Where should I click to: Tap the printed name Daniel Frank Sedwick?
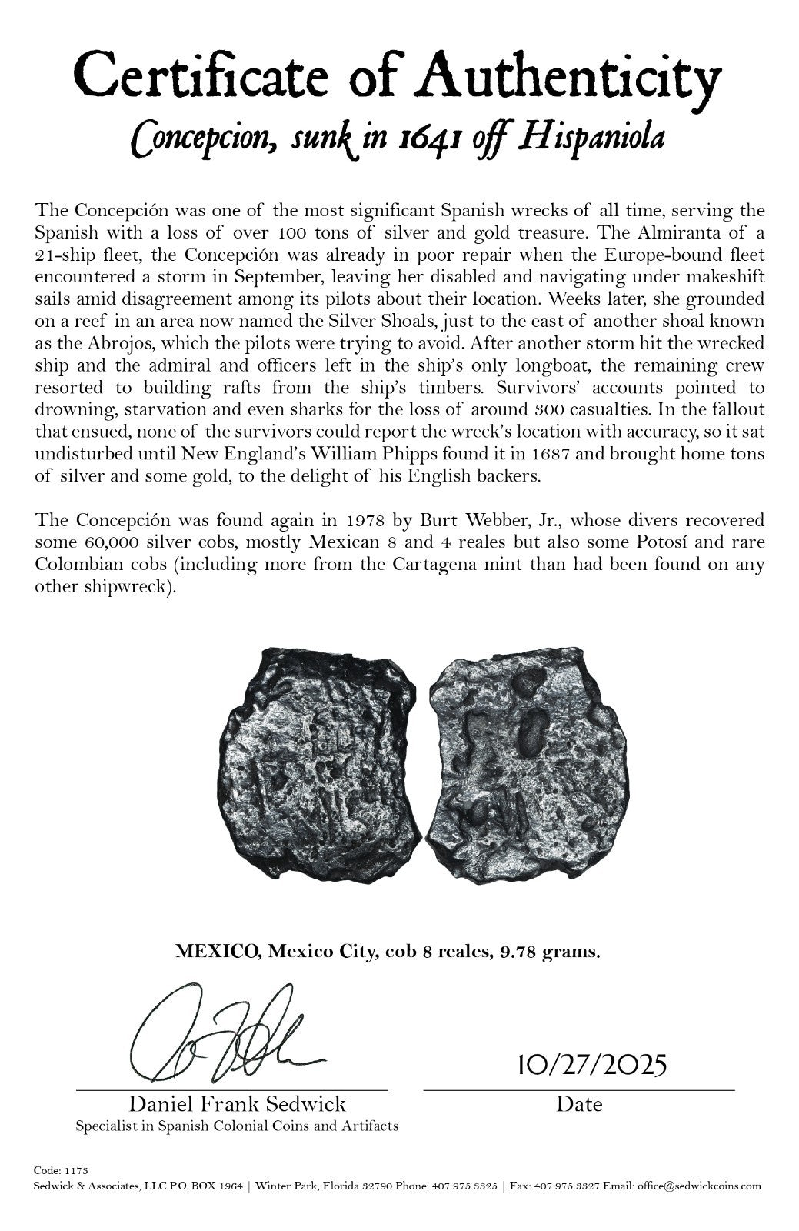point(237,1105)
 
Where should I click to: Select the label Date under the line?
point(579,1105)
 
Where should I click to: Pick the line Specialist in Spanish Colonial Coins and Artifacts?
point(237,1126)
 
